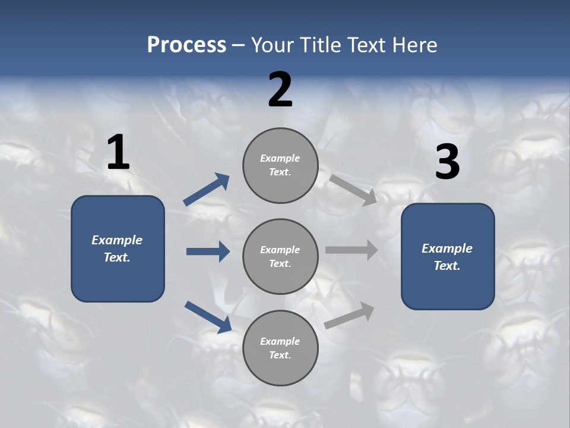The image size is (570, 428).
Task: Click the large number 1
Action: point(118,153)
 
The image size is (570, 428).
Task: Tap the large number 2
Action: point(280,90)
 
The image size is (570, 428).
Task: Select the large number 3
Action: point(447,162)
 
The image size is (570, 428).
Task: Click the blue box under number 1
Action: point(118,248)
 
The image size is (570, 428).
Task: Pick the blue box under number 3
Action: point(448,256)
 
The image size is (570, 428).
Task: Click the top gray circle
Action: point(280,165)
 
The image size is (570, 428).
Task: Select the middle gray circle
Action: point(280,256)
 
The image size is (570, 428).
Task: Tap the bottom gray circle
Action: point(280,348)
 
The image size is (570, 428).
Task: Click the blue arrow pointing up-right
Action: point(207,189)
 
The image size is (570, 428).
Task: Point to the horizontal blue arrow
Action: point(208,251)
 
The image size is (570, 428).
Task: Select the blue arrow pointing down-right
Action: point(208,316)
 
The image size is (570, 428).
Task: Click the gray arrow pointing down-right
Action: point(353,190)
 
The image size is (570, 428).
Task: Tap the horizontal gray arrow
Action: point(351,250)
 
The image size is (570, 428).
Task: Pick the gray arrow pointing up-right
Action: point(350,315)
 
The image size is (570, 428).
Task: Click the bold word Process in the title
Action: point(186,45)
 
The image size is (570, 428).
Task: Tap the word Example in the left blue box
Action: point(117,240)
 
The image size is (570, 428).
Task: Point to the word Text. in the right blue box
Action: point(447,266)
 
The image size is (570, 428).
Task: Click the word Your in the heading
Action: point(274,45)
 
